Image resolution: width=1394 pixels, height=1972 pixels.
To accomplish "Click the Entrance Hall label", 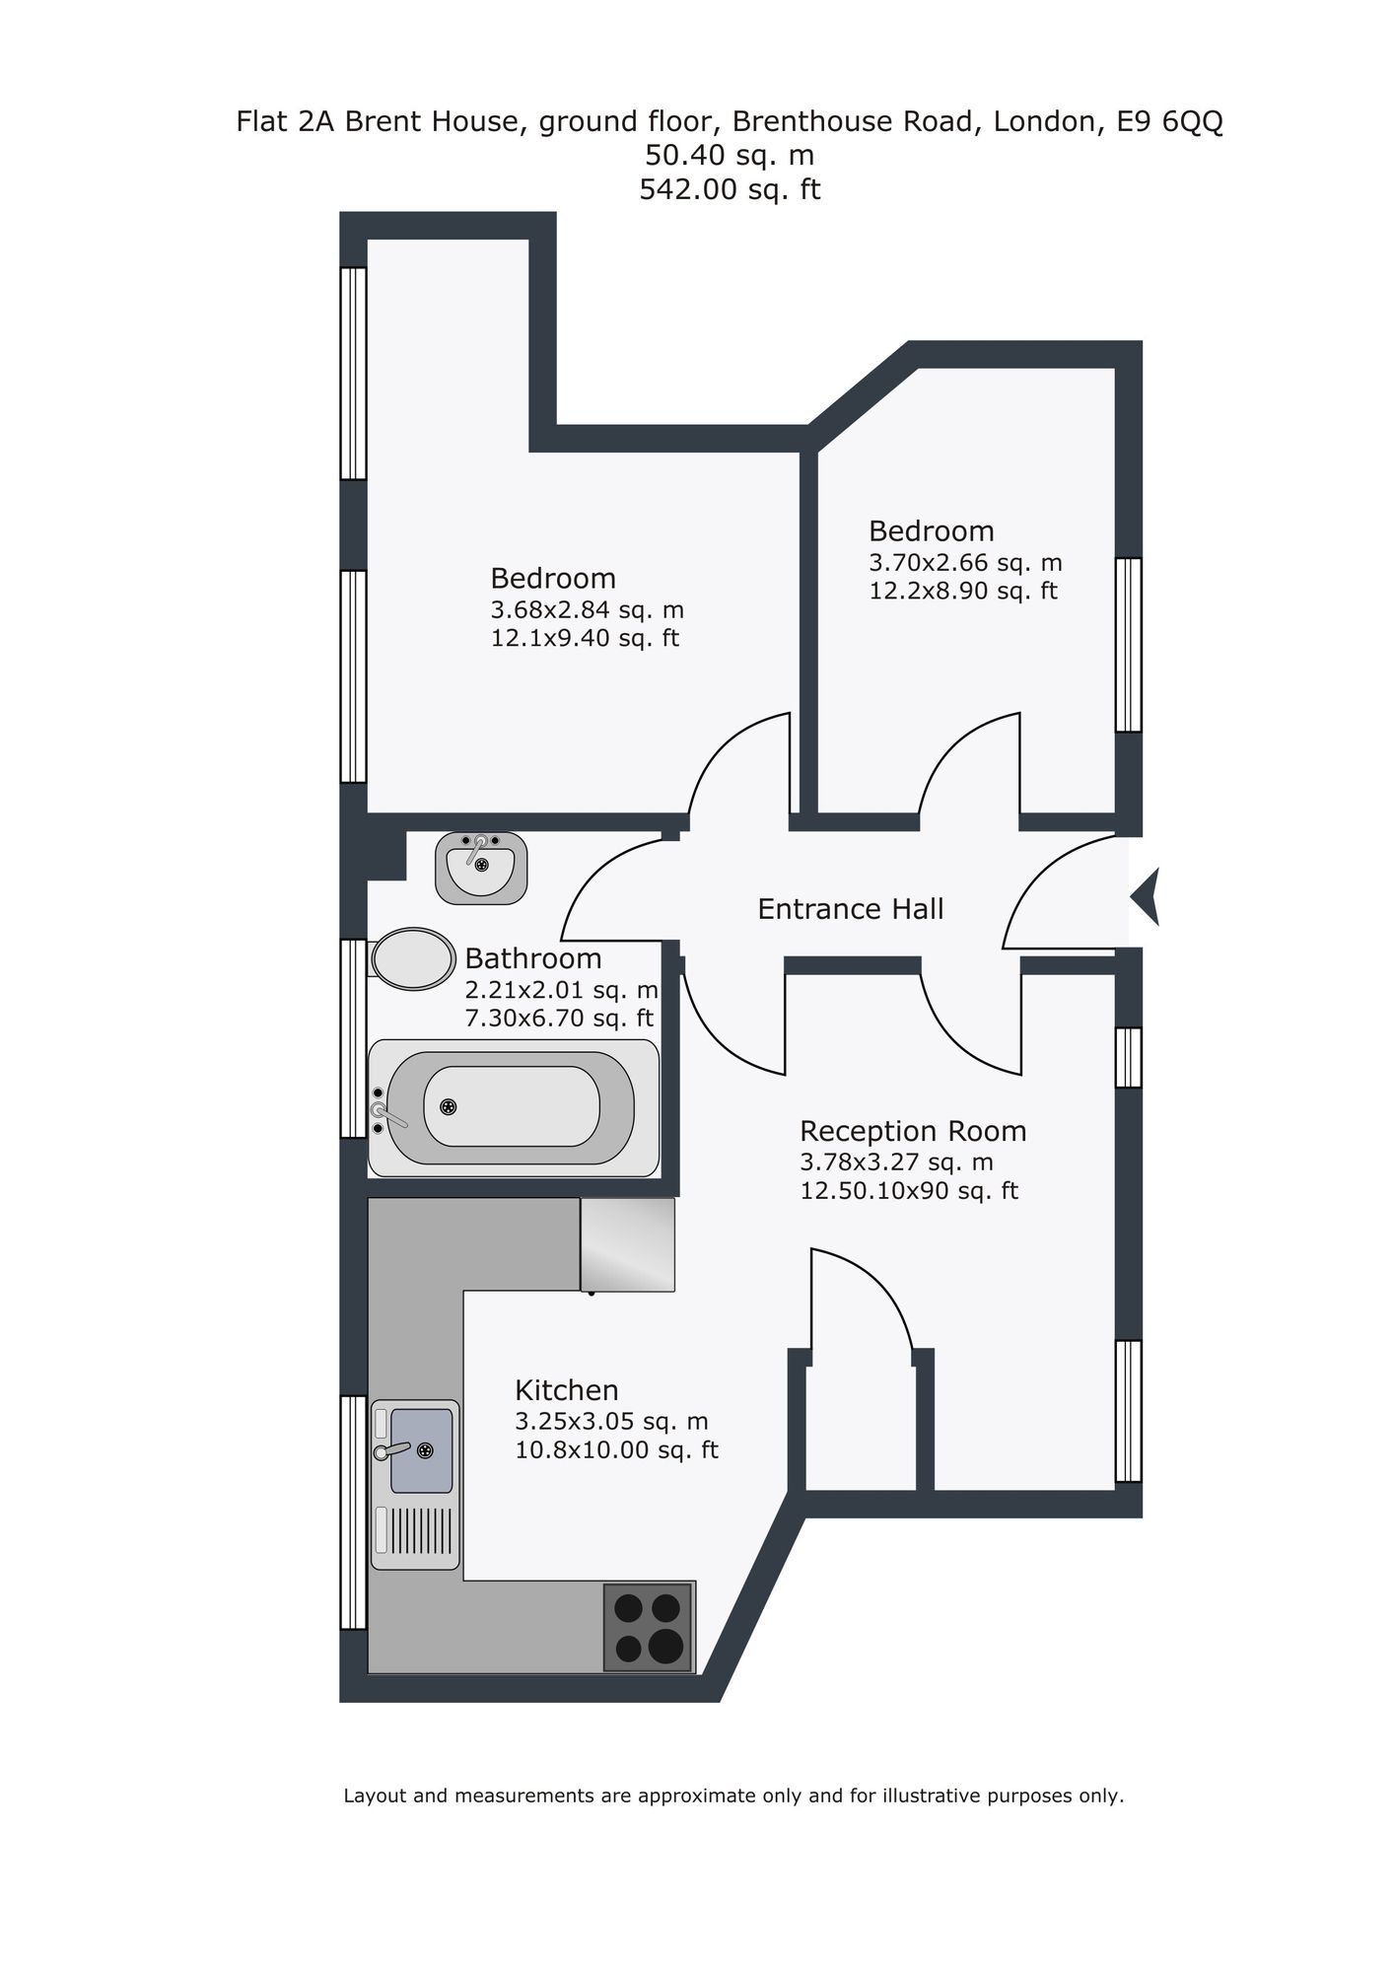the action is pyautogui.click(x=850, y=908).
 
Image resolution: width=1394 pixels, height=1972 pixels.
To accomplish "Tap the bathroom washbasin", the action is pyautogui.click(x=481, y=868).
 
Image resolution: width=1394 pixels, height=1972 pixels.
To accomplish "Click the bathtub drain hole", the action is pyautogui.click(x=448, y=1106).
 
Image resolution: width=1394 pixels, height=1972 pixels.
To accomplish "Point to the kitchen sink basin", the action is pyautogui.click(x=422, y=1450).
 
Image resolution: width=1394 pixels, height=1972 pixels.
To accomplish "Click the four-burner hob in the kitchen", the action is pyautogui.click(x=649, y=1628).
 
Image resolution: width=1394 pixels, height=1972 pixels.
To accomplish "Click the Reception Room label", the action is pyautogui.click(x=913, y=1131).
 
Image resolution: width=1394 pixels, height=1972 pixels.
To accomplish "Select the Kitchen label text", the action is pyautogui.click(x=567, y=1390).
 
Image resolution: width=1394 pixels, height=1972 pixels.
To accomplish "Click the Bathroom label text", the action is pyautogui.click(x=533, y=958).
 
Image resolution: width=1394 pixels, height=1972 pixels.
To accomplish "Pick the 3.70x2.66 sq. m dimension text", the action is pyautogui.click(x=965, y=563).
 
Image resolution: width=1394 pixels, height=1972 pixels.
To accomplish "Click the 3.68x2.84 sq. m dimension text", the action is pyautogui.click(x=588, y=610).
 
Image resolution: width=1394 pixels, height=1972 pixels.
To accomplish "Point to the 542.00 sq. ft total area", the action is pyautogui.click(x=730, y=189).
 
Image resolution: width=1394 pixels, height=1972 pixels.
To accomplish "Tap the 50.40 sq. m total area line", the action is pyautogui.click(x=730, y=155).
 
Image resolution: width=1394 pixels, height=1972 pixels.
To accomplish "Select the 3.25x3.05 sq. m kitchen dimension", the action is pyautogui.click(x=611, y=1422).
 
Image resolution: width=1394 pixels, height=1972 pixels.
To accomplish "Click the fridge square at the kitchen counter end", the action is pyautogui.click(x=627, y=1244).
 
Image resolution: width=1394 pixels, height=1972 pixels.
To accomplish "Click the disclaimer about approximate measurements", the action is pyautogui.click(x=733, y=1796).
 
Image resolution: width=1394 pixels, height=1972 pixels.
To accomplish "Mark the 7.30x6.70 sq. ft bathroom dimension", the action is pyautogui.click(x=559, y=1018).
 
